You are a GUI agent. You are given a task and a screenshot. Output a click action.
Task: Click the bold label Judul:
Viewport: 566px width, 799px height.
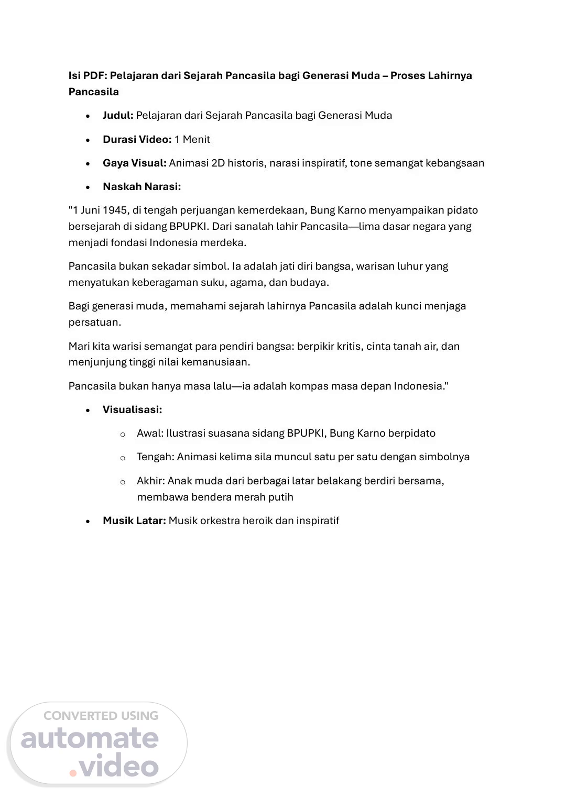click(x=118, y=116)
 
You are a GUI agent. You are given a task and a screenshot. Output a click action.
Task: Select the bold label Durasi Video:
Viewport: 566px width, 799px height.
click(x=137, y=140)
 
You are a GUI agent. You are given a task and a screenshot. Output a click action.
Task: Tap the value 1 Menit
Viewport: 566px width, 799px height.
click(x=192, y=140)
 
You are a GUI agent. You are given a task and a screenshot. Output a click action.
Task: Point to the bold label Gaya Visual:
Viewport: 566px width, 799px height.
click(x=134, y=163)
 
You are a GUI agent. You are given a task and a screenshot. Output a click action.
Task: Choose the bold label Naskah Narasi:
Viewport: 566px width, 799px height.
click(x=141, y=187)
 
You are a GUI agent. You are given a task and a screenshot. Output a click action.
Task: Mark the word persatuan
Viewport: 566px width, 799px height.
click(x=94, y=323)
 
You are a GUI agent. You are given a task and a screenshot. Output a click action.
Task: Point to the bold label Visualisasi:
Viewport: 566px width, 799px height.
click(x=132, y=410)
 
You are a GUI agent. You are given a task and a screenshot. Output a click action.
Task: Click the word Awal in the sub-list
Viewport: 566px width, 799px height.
click(x=149, y=434)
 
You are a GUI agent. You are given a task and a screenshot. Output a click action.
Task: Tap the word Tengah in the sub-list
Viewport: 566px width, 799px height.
click(x=155, y=457)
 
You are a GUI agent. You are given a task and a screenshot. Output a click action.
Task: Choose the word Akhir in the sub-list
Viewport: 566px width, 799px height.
click(x=150, y=481)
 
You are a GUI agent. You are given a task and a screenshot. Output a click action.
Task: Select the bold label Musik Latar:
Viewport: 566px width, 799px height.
click(x=134, y=521)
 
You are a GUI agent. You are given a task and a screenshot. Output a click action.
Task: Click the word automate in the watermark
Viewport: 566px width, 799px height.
click(x=90, y=738)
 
